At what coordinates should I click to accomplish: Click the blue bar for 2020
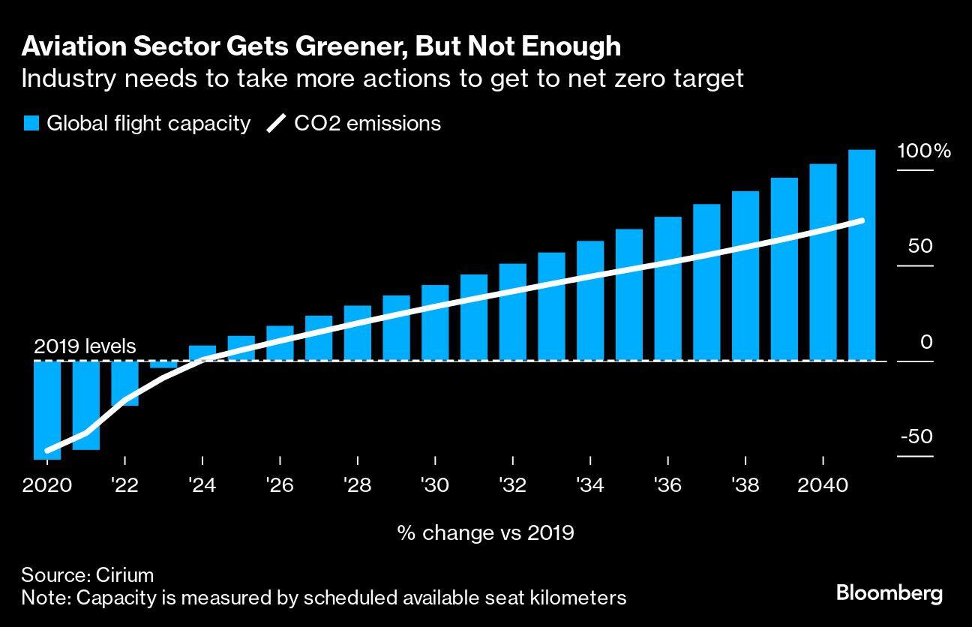(x=47, y=409)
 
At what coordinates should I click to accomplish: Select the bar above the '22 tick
(x=124, y=383)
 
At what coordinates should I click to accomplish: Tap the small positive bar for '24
(x=202, y=353)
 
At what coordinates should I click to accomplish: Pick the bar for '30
(x=435, y=322)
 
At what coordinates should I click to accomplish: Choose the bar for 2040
(x=823, y=262)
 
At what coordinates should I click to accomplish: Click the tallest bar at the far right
(x=862, y=255)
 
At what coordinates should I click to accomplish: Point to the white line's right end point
(x=862, y=220)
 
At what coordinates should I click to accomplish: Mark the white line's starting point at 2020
(x=47, y=451)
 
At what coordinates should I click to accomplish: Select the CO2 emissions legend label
(x=367, y=124)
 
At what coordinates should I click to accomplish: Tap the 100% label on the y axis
(x=924, y=151)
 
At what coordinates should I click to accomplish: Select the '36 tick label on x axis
(x=667, y=485)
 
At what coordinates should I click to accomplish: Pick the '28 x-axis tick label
(x=358, y=485)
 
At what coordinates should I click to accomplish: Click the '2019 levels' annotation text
(x=85, y=346)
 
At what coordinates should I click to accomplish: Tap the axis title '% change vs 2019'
(x=485, y=533)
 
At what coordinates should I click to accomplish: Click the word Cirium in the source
(x=124, y=575)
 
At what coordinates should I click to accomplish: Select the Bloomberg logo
(x=889, y=594)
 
